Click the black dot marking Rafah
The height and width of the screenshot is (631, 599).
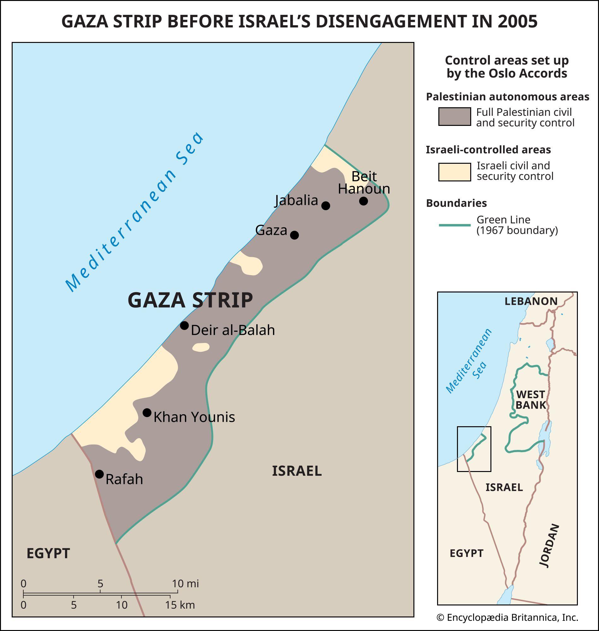(x=99, y=474)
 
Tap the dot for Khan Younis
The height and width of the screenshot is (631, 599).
(x=147, y=413)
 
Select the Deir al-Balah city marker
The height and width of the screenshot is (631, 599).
(x=184, y=326)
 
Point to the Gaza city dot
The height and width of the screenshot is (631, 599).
(x=294, y=235)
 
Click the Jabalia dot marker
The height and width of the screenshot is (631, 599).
(x=325, y=205)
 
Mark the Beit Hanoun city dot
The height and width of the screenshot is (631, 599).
(x=363, y=201)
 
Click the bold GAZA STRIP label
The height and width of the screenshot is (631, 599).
(x=190, y=300)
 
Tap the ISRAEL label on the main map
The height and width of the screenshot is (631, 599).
(x=297, y=471)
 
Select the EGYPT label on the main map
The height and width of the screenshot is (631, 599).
(x=48, y=553)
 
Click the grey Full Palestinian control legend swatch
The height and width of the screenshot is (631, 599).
(x=454, y=116)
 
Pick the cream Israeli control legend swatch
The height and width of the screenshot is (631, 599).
(x=454, y=172)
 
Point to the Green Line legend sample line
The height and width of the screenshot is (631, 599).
(x=454, y=225)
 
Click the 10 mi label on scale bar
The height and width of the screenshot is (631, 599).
(x=185, y=584)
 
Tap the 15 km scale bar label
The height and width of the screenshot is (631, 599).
(x=180, y=605)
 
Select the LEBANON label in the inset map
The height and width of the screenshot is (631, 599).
(x=531, y=301)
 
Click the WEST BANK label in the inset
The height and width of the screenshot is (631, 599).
(x=531, y=400)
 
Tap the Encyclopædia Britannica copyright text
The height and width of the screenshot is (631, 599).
(x=507, y=618)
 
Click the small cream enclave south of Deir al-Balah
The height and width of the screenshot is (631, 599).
(x=201, y=347)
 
